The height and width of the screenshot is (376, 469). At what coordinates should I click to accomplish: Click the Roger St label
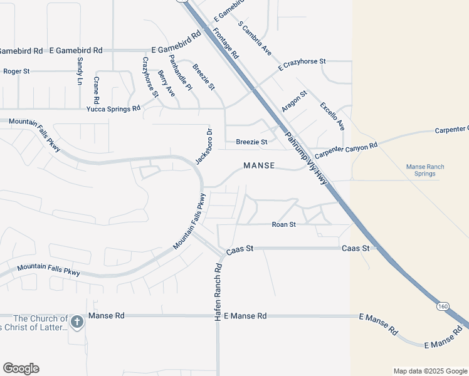coord(16,71)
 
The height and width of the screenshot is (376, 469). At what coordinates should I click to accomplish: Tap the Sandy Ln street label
coord(80,71)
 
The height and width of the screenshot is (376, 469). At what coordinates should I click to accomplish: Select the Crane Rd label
coord(97,90)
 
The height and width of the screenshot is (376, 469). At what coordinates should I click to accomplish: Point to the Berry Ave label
coord(166,83)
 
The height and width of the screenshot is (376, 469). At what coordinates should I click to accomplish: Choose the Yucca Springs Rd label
coord(113,108)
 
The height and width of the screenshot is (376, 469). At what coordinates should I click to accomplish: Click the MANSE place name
coord(259,165)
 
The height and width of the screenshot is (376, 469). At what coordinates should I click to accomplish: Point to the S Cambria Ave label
coord(255,38)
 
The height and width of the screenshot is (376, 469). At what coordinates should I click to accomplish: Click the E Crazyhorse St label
coord(303,62)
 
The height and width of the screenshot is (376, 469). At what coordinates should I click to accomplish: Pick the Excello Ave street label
coord(332,116)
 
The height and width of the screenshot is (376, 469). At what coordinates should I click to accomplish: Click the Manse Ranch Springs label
coord(425,170)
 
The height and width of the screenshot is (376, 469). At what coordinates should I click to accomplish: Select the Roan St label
coord(283,224)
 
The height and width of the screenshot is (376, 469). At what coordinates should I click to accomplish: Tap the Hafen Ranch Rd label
coord(218,292)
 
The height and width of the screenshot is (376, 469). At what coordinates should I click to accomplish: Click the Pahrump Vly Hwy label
coord(306,160)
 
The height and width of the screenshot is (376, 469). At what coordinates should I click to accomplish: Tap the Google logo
coord(21,368)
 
